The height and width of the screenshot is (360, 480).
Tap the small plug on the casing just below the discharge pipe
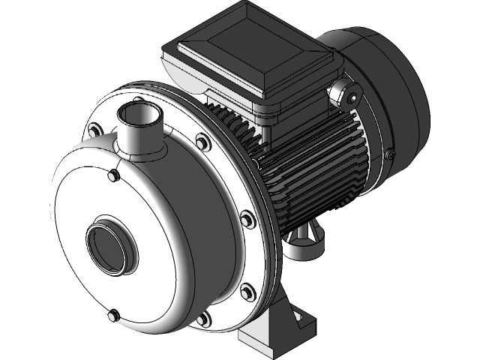pos(113,175)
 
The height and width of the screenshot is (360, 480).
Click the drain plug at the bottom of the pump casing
pos(113,315)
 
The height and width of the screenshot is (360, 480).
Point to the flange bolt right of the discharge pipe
pos(202,140)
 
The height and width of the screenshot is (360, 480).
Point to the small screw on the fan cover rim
pos(390,154)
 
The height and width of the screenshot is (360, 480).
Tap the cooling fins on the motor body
pos(315,172)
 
